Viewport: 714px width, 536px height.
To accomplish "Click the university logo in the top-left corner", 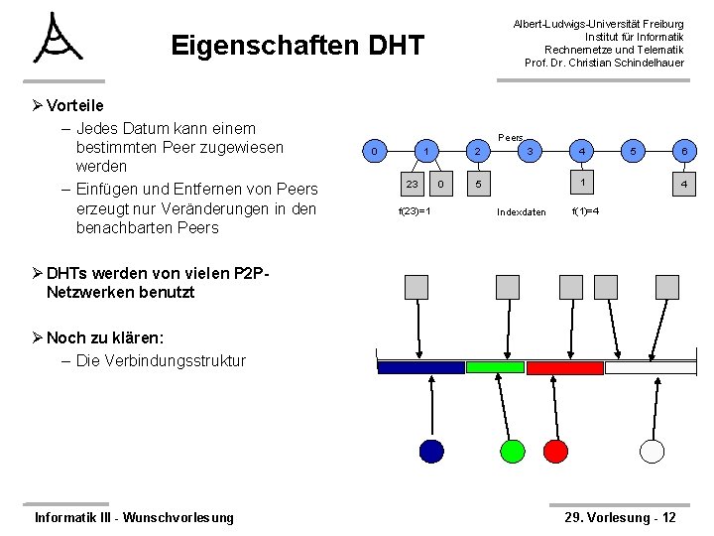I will pos(57,40).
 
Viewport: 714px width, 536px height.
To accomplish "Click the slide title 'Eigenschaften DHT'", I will pos(297,46).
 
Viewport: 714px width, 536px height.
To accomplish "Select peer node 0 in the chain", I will pos(373,151).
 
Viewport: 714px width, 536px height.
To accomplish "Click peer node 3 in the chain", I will pos(532,151).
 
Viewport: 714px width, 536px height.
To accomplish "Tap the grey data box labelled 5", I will pos(478,184).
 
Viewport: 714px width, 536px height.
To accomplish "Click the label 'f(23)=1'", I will pos(414,211).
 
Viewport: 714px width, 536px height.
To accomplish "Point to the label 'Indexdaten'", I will pos(522,211).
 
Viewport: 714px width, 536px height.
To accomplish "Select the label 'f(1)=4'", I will pos(584,211).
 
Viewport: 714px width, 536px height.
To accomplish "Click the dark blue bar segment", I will pos(421,367).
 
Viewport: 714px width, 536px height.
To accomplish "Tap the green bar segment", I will pos(495,367).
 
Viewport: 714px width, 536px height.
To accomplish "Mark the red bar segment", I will pos(564,367).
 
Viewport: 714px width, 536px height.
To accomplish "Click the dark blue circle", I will pos(431,451).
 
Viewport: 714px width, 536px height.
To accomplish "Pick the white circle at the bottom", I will pos(652,451).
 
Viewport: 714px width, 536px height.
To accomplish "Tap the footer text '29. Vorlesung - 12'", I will pos(620,517).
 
